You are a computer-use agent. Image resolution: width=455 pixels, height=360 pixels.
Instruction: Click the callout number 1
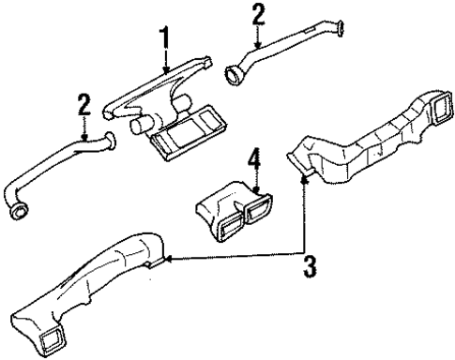[x=165, y=40]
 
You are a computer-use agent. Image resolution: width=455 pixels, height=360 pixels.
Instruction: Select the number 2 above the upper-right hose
[x=259, y=16]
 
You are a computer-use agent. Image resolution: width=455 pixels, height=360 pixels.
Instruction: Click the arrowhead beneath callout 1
[x=165, y=71]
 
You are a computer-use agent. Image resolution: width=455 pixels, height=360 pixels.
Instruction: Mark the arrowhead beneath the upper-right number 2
[x=259, y=46]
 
